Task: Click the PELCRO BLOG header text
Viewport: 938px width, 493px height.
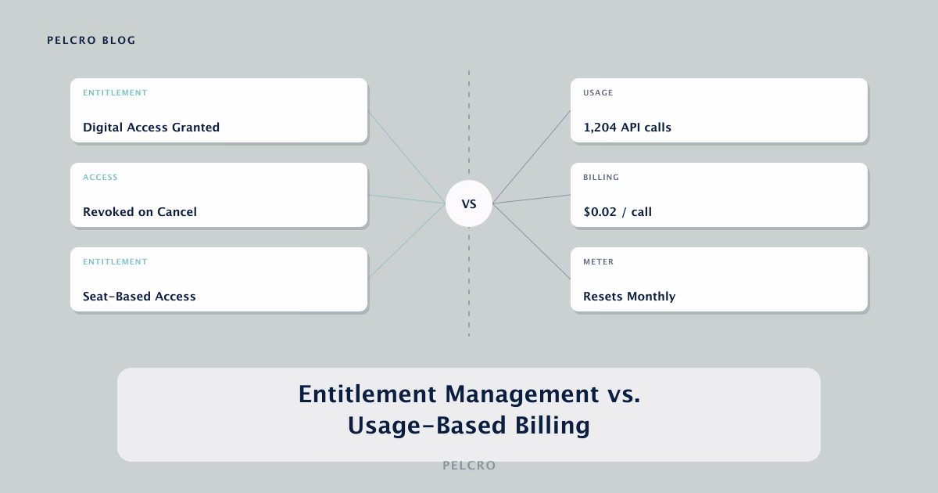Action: pos(91,40)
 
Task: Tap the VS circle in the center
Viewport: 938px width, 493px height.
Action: pos(468,203)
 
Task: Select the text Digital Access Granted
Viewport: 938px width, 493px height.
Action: pos(151,127)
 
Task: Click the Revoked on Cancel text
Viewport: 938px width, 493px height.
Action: pos(140,212)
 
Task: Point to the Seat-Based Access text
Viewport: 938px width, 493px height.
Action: pos(139,297)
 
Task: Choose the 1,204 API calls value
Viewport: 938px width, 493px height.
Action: pos(627,128)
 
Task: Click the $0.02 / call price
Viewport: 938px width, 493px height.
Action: pos(618,212)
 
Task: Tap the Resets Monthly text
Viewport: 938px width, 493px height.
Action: pos(629,297)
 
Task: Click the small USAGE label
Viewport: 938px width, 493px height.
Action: pos(598,92)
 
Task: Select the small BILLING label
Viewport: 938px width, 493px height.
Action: pos(601,178)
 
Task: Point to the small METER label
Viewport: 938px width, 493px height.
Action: pos(599,261)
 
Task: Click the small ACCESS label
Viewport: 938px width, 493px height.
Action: pos(100,178)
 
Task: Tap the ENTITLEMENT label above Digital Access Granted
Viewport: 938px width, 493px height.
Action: pos(115,92)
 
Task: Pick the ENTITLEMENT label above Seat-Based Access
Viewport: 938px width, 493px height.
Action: pos(115,261)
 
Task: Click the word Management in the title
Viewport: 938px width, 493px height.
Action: pos(522,394)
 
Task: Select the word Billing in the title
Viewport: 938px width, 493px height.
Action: pos(553,426)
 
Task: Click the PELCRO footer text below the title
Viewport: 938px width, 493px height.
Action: pos(469,466)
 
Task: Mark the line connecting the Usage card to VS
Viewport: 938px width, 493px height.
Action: pos(532,157)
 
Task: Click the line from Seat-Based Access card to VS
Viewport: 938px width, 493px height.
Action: pos(406,241)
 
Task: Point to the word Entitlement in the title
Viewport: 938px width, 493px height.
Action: pos(367,394)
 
